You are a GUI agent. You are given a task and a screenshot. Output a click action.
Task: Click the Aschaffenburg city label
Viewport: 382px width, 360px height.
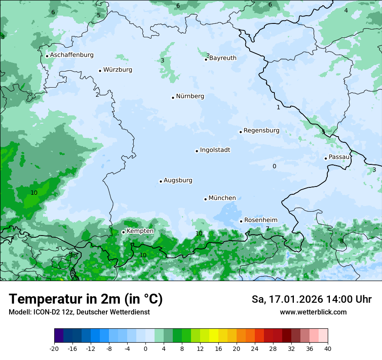72,55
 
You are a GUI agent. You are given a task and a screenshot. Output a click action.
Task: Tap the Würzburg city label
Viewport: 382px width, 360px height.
118,70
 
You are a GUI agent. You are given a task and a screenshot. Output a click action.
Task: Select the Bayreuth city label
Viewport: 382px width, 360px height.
223,58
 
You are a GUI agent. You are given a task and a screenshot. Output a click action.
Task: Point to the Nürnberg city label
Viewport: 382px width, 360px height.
190,96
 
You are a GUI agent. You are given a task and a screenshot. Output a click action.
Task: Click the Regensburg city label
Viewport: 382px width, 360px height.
261,131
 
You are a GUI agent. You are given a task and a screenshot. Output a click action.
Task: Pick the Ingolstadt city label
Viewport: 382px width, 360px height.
215,150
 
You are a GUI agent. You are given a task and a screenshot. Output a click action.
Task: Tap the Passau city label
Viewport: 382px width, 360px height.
339,157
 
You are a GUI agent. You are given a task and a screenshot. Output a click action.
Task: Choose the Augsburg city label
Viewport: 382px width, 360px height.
178,180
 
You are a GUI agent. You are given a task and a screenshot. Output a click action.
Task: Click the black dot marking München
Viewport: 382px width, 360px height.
205,199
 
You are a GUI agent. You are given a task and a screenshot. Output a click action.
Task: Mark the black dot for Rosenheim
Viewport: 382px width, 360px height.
241,221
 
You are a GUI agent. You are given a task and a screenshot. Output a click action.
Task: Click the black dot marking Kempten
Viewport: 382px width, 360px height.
123,232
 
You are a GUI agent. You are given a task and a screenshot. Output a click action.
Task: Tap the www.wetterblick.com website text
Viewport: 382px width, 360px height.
313,312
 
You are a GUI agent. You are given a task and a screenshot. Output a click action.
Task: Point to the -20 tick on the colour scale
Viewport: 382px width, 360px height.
54,348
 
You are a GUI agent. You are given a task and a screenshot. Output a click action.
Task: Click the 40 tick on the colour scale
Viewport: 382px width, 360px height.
327,348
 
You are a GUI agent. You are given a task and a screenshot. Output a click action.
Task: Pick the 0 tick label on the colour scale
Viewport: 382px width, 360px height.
145,348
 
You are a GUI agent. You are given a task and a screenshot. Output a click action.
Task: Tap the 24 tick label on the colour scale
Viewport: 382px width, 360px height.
254,348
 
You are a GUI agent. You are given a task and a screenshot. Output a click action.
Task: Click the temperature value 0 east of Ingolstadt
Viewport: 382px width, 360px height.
274,166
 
